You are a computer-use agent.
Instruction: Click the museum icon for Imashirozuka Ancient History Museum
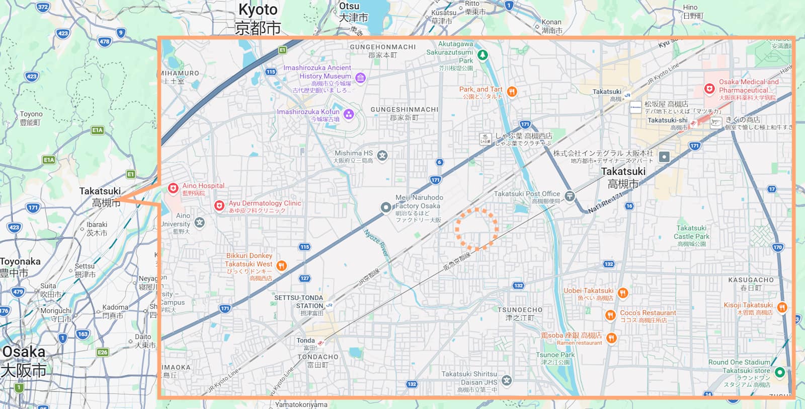click(x=360, y=78)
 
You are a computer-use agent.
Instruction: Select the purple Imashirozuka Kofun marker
click(x=349, y=114)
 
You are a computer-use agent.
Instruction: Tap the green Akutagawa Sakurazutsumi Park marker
click(x=482, y=54)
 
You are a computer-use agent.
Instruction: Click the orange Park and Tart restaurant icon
click(x=512, y=91)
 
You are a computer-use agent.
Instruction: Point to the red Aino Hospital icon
click(x=173, y=188)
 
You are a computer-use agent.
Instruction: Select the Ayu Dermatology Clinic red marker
click(x=219, y=206)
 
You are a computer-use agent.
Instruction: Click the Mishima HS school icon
click(x=382, y=155)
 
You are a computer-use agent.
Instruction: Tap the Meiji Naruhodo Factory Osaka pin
click(x=385, y=207)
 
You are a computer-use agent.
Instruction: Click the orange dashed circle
click(x=476, y=229)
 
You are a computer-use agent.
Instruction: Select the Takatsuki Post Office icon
click(x=570, y=196)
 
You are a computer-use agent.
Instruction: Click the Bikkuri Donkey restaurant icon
click(x=282, y=265)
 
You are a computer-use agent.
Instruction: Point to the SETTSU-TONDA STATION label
click(x=299, y=302)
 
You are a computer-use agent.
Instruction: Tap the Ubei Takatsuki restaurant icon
click(x=623, y=293)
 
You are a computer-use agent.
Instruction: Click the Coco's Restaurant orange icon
click(x=610, y=315)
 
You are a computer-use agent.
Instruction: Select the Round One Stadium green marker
click(x=779, y=372)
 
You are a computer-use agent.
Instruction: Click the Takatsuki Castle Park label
click(x=691, y=232)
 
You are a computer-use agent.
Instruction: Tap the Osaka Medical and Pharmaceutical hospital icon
click(x=709, y=89)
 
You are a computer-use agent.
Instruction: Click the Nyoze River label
click(x=376, y=243)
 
